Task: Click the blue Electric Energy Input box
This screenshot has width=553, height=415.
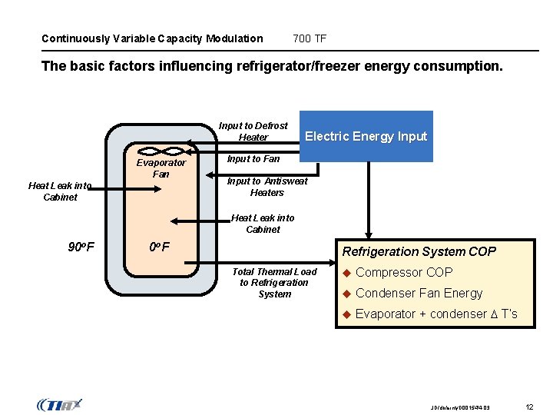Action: pyautogui.click(x=366, y=136)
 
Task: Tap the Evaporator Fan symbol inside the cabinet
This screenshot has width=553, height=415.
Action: pyautogui.click(x=161, y=151)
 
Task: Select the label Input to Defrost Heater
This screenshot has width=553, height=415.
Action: pyautogui.click(x=253, y=131)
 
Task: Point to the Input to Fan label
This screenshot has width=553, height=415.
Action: pyautogui.click(x=253, y=158)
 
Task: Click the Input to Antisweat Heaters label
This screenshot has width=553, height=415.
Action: pyautogui.click(x=267, y=187)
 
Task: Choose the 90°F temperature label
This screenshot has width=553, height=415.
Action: pyautogui.click(x=81, y=247)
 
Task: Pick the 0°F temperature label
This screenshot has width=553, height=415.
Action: pyautogui.click(x=159, y=247)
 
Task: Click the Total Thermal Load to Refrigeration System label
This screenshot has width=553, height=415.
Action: pyautogui.click(x=274, y=283)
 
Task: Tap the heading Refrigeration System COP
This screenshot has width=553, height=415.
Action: pyautogui.click(x=419, y=251)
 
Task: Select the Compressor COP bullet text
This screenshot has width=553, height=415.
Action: pyautogui.click(x=404, y=272)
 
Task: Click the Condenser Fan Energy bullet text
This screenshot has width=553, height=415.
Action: pyautogui.click(x=419, y=293)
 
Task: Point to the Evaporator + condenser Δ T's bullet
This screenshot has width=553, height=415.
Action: pyautogui.click(x=435, y=314)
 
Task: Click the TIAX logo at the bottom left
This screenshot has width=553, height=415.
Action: pyautogui.click(x=59, y=404)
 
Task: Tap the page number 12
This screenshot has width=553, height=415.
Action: pyautogui.click(x=528, y=405)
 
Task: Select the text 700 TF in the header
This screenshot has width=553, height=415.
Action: pyautogui.click(x=310, y=38)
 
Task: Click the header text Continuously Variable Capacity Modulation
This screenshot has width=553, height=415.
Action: pyautogui.click(x=152, y=38)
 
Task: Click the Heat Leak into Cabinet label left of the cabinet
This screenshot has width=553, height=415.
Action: pyautogui.click(x=60, y=191)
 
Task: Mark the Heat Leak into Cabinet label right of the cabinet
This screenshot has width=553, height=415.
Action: pyautogui.click(x=263, y=224)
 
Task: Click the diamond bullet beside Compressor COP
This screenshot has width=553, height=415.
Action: pyautogui.click(x=346, y=272)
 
